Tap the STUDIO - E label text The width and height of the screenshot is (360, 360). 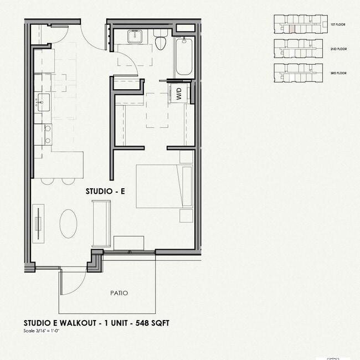click(x=105, y=191)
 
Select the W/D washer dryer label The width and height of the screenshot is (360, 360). click(x=179, y=94)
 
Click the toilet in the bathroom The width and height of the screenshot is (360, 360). click(x=161, y=41)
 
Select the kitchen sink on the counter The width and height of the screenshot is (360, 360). click(x=42, y=102)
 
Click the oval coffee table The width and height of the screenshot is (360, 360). click(x=68, y=223)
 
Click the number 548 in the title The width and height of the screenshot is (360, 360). click(x=142, y=323)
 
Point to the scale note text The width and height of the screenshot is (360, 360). click(x=42, y=331)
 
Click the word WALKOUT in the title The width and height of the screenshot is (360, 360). click(x=73, y=323)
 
